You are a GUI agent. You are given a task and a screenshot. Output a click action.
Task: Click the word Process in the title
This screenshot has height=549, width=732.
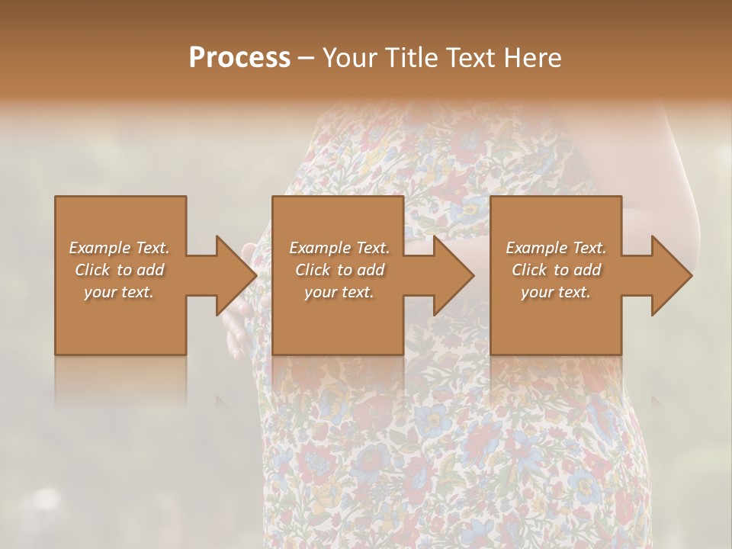coord(239,58)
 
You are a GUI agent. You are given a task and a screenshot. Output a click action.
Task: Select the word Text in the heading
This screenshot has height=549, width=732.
coord(470,58)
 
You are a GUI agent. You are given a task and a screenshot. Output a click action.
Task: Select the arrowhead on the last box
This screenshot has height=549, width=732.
coord(670,275)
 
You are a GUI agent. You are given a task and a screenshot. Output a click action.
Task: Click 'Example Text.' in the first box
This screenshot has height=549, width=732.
coord(119,248)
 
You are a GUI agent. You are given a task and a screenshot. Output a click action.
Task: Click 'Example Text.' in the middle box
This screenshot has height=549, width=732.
coord(339,248)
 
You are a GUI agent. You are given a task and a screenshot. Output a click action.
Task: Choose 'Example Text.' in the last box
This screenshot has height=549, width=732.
coord(556,248)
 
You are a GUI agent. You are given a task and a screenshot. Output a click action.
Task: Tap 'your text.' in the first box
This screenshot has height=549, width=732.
coord(119,292)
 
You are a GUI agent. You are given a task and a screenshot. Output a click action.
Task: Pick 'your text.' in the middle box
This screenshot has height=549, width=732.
coord(339,292)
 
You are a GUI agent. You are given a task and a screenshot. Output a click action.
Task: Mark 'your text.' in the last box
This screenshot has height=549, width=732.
coord(556,292)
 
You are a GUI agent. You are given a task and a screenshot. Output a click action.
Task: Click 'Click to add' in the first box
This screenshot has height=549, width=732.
coord(119,270)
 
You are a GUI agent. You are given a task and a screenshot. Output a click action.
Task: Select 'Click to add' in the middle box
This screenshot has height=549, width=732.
coord(339,270)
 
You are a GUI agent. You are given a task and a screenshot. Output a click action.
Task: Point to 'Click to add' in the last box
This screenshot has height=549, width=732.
coord(556,270)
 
